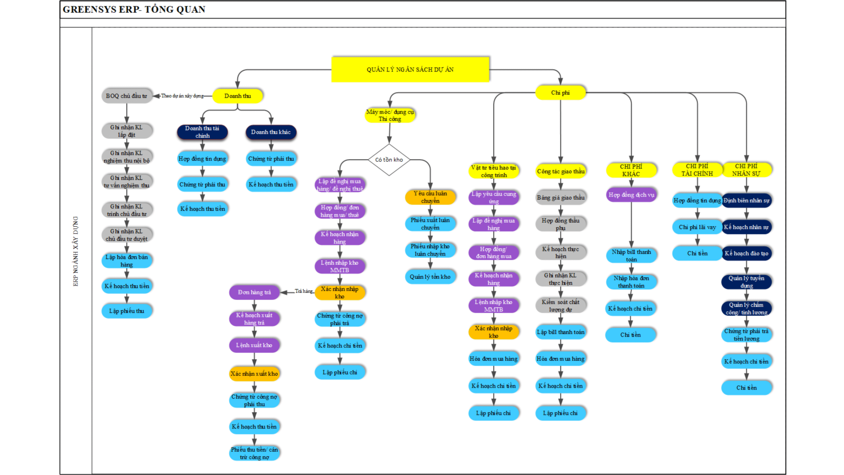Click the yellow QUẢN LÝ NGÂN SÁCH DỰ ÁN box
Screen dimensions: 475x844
coord(410,69)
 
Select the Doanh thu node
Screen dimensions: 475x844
coord(237,96)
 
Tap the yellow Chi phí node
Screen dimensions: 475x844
coord(560,93)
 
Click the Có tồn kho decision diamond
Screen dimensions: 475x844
coord(389,160)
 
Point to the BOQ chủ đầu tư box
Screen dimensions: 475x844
coord(127,96)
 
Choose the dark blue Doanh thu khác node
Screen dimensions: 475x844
coord(271,132)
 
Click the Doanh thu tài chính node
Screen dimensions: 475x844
coord(202,132)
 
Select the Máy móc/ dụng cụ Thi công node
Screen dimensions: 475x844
coord(390,115)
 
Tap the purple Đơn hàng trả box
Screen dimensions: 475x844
coord(254,292)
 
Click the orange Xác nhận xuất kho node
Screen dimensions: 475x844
coord(254,374)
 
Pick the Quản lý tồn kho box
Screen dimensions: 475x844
coord(430,277)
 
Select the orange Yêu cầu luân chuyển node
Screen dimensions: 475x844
coord(430,197)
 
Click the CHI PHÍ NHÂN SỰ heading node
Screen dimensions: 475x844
coord(746,170)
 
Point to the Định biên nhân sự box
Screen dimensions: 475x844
coord(746,201)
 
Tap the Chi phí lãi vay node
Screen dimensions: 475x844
coord(697,227)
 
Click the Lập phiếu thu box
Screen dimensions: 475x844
coord(127,311)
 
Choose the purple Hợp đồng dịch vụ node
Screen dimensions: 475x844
coord(631,195)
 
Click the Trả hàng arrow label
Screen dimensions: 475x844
coord(304,291)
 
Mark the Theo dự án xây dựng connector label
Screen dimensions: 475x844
coord(182,96)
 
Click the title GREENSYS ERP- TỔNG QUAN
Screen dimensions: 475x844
coord(134,10)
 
